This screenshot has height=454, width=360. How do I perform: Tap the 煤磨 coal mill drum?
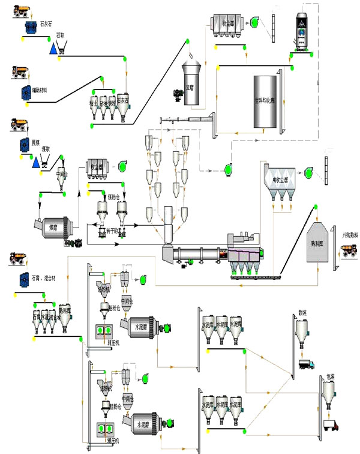(x=53, y=228)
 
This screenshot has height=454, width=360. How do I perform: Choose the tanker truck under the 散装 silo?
(x=305, y=363)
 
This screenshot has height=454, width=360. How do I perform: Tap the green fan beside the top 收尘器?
(x=254, y=23)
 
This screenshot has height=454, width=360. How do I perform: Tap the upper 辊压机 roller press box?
(x=104, y=330)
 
